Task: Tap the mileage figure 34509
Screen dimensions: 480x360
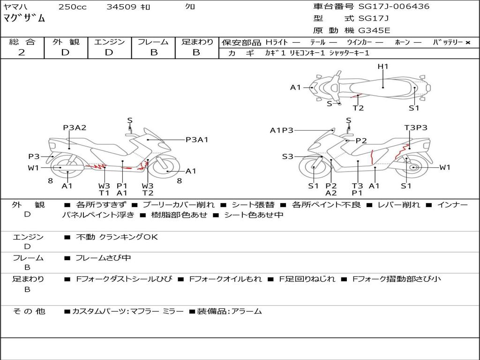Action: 121,7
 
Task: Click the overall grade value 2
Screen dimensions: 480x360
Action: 22,52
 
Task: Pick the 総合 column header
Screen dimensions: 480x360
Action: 22,42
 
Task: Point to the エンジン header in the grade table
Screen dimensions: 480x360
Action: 109,42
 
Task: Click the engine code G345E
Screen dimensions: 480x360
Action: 374,30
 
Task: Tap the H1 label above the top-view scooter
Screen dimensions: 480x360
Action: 383,67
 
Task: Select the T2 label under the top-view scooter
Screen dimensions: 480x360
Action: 358,108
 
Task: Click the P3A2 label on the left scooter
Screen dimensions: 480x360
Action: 75,127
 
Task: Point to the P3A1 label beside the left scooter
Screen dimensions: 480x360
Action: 197,139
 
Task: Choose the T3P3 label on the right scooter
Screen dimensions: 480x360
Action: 416,127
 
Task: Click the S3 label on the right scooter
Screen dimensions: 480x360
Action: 287,157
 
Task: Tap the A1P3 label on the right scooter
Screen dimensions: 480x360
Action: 282,130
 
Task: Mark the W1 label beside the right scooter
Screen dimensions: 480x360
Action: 444,167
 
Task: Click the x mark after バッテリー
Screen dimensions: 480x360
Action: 467,42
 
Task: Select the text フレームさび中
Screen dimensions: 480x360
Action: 103,258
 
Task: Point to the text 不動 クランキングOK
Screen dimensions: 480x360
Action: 117,237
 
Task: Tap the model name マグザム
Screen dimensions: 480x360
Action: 24,19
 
